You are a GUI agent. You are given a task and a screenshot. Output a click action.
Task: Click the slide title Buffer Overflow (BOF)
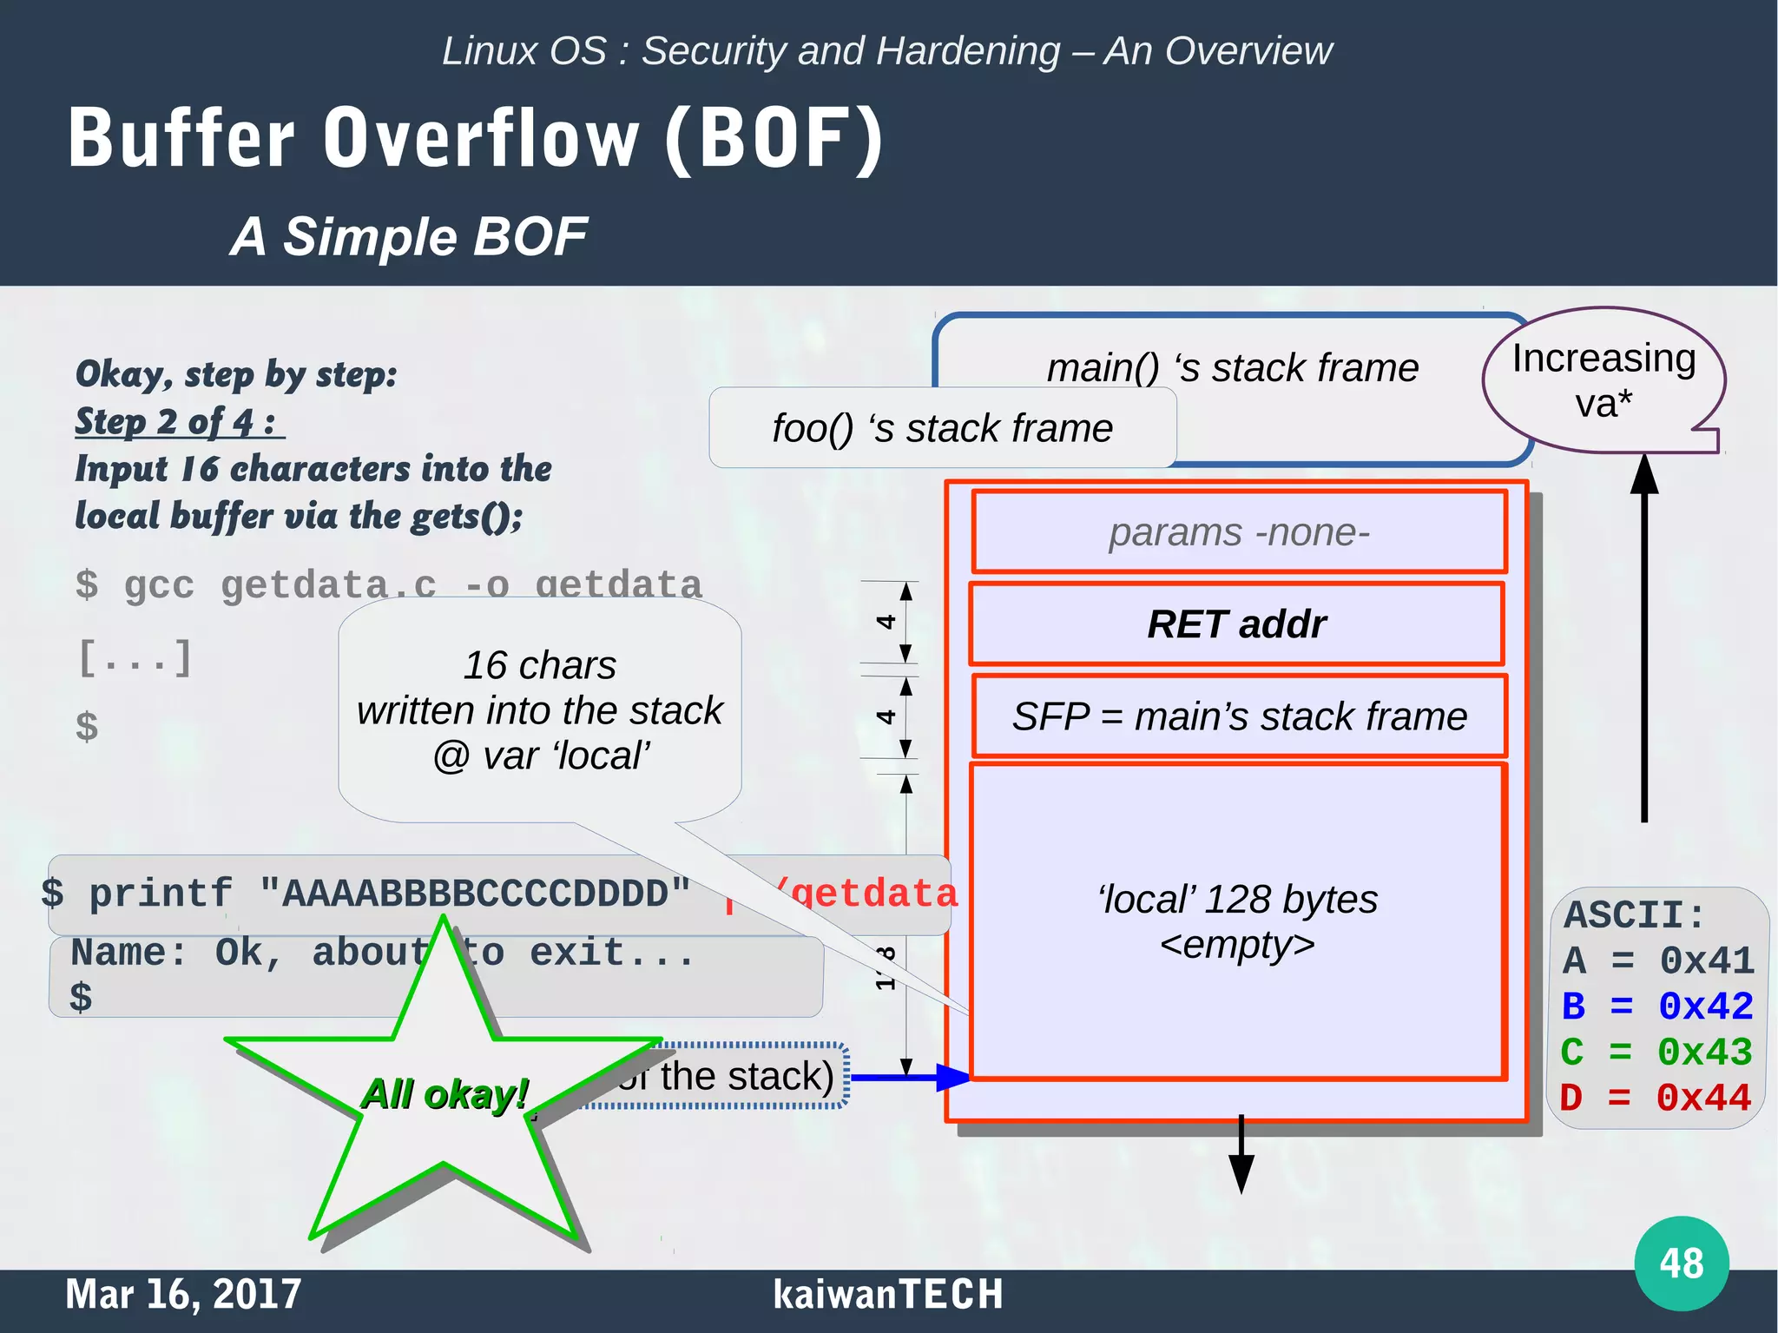(x=476, y=139)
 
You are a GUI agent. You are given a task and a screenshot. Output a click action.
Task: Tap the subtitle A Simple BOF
(x=408, y=237)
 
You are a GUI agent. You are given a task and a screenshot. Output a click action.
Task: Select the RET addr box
(x=1236, y=624)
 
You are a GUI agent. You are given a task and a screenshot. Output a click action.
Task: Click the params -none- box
(x=1239, y=532)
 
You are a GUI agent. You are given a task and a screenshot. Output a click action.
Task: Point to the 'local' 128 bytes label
(x=1237, y=901)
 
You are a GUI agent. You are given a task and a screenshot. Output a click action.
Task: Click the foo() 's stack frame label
(x=942, y=428)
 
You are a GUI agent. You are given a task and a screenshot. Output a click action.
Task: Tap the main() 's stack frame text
(x=1232, y=367)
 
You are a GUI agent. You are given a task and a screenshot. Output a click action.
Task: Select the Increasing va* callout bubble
(x=1603, y=380)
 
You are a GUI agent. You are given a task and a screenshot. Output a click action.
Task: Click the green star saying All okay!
(x=444, y=1095)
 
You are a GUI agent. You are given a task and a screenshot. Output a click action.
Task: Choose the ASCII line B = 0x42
(x=1656, y=1006)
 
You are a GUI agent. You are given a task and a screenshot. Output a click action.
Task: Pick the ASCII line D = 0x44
(x=1655, y=1098)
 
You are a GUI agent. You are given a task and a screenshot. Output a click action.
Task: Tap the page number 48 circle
(x=1681, y=1263)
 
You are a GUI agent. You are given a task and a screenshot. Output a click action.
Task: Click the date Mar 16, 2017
(x=183, y=1294)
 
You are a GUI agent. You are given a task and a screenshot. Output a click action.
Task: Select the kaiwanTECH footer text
(x=887, y=1294)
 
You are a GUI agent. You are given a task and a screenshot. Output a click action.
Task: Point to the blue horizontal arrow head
(x=953, y=1078)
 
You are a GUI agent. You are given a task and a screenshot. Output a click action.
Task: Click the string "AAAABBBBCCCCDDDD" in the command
(x=475, y=894)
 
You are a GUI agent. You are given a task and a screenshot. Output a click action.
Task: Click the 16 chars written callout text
(x=539, y=710)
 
